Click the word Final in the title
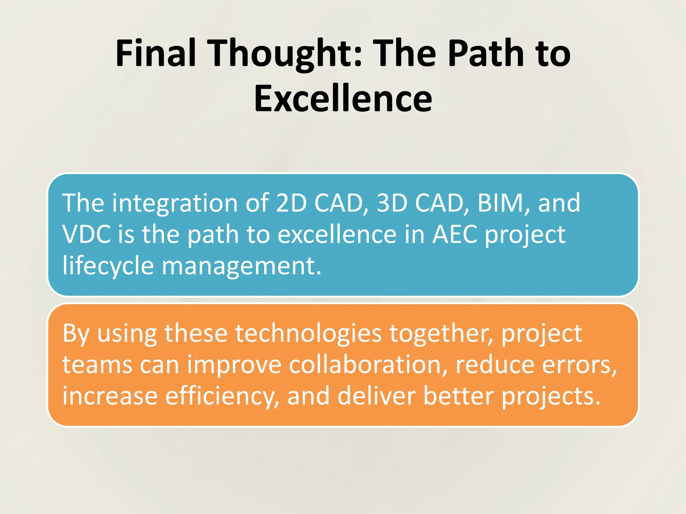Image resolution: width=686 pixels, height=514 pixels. (156, 54)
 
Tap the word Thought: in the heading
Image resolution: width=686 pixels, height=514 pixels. (286, 54)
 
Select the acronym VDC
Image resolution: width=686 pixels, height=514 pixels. (86, 234)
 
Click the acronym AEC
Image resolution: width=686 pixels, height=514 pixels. (455, 234)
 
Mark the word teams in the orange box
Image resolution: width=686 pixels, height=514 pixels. (97, 365)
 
